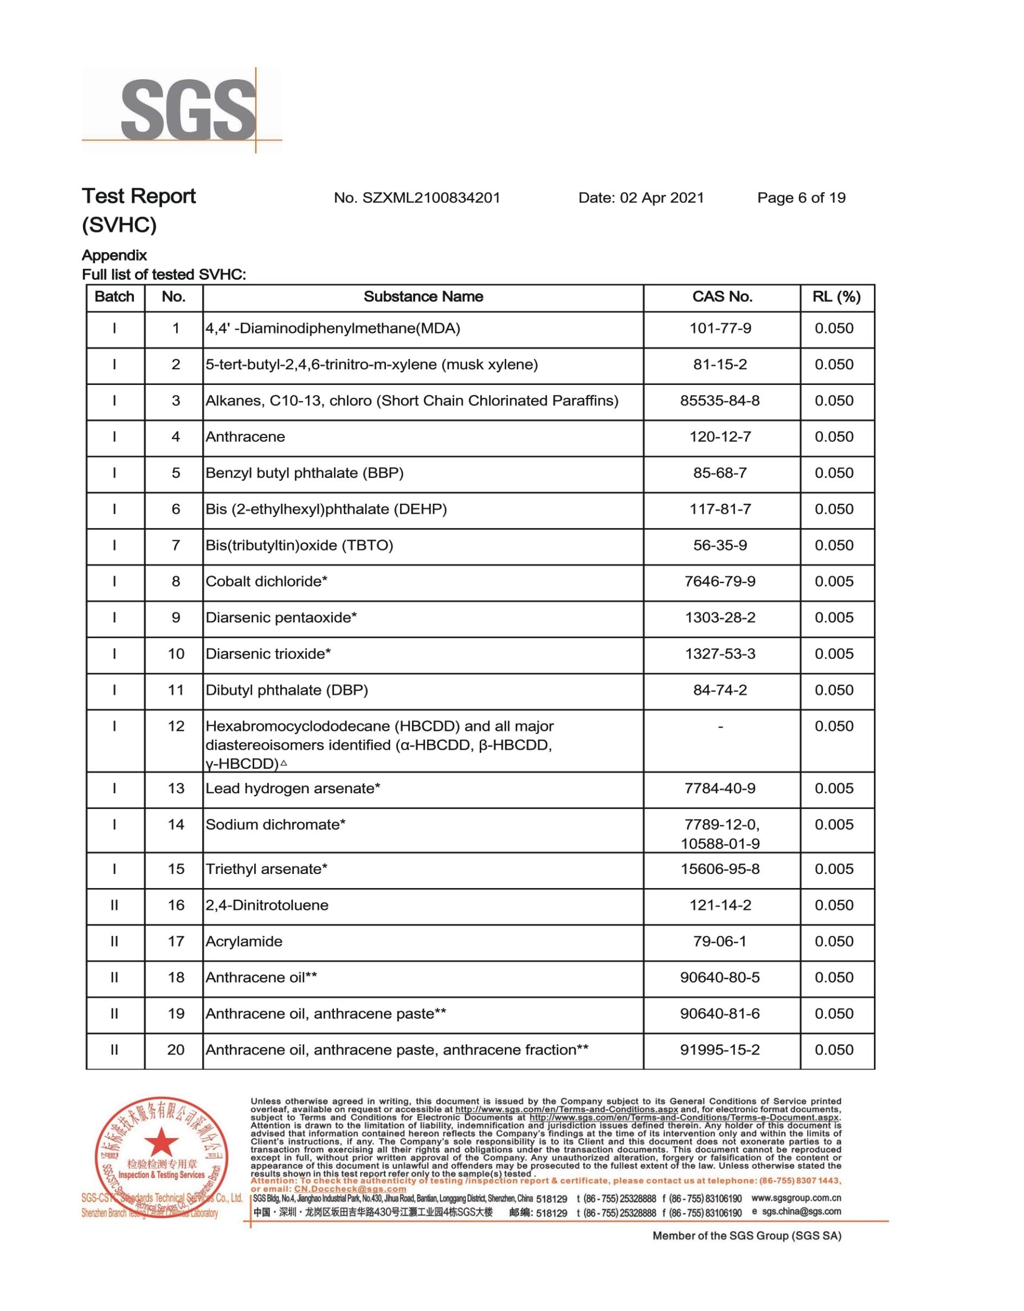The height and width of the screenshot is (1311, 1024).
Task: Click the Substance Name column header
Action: (x=423, y=297)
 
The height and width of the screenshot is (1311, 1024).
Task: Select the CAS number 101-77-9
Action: (x=720, y=329)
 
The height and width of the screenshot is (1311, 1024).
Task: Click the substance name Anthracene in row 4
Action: (x=245, y=437)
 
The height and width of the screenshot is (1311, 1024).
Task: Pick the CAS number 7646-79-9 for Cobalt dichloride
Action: (x=720, y=582)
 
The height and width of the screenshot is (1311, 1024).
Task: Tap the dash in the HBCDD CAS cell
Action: (x=720, y=727)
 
